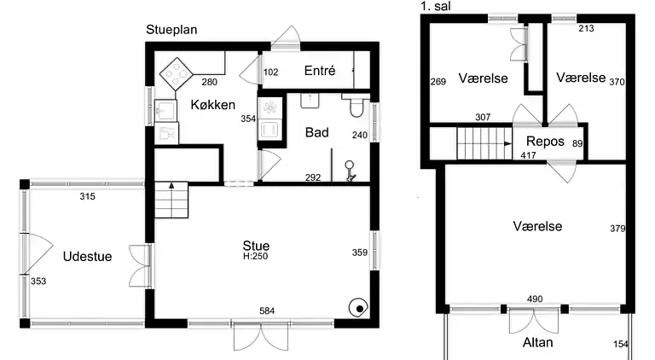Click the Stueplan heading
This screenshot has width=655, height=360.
[x=171, y=30]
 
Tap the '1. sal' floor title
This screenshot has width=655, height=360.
[x=436, y=6]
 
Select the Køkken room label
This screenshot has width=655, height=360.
[x=212, y=104]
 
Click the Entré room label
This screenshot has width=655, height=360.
[x=320, y=71]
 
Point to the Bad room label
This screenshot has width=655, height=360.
[x=317, y=132]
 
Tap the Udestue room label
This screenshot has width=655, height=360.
[x=87, y=257]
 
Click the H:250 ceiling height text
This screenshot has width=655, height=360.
[x=255, y=257]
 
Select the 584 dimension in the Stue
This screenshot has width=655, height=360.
[x=267, y=311]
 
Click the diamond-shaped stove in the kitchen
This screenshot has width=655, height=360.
[x=177, y=74]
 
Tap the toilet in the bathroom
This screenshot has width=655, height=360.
[x=356, y=105]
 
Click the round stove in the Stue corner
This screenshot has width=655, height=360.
[x=358, y=308]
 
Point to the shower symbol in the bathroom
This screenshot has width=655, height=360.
[x=350, y=171]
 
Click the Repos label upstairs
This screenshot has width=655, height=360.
[x=545, y=142]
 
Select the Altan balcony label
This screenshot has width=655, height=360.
[x=537, y=342]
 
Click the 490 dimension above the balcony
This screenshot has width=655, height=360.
[x=535, y=299]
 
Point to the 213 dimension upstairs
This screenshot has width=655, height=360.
[x=586, y=28]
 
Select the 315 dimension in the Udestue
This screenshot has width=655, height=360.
[x=87, y=196]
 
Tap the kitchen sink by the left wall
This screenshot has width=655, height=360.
[x=165, y=110]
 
